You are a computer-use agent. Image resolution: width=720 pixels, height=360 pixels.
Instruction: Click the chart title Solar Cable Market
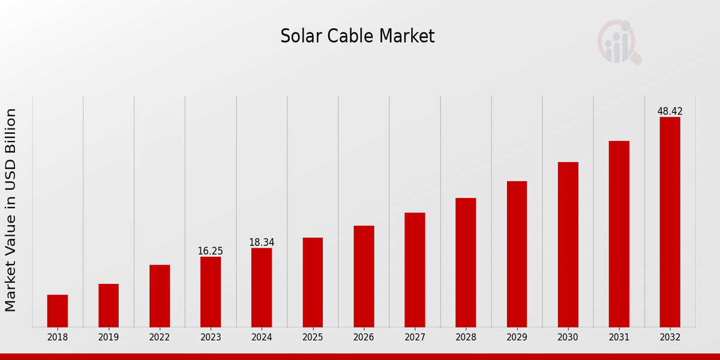point(357,37)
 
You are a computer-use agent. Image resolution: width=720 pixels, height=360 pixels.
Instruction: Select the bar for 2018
point(58,311)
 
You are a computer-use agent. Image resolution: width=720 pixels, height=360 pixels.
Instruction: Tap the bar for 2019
point(109,305)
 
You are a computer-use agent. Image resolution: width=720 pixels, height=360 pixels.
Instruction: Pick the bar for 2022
point(160,296)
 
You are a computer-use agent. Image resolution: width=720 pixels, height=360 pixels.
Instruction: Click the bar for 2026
point(364,276)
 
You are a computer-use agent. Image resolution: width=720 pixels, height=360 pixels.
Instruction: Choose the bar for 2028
point(466,262)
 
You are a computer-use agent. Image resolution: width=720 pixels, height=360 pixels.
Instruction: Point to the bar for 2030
point(568,244)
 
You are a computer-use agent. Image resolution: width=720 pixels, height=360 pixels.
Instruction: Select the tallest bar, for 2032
point(670,222)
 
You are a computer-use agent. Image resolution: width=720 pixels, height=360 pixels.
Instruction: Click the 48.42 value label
point(670,112)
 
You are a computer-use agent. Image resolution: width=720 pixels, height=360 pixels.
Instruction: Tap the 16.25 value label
point(211,251)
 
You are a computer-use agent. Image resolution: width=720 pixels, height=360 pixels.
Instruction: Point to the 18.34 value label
point(262,242)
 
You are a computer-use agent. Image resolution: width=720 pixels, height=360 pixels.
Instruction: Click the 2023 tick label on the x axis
point(211,338)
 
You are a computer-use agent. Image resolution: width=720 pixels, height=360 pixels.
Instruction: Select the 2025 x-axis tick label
point(313,338)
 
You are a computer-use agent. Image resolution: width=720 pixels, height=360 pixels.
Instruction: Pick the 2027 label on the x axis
point(415,338)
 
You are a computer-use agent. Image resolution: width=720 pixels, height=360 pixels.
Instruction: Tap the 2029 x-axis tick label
point(517,338)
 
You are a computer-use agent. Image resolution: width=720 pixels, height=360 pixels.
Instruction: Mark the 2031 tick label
point(619,338)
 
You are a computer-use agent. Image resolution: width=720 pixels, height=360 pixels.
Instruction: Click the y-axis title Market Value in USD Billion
point(11,210)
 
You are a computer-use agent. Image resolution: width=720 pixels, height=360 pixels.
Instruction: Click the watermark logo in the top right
point(619,42)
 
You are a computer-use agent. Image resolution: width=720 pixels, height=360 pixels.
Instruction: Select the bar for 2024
point(262,287)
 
